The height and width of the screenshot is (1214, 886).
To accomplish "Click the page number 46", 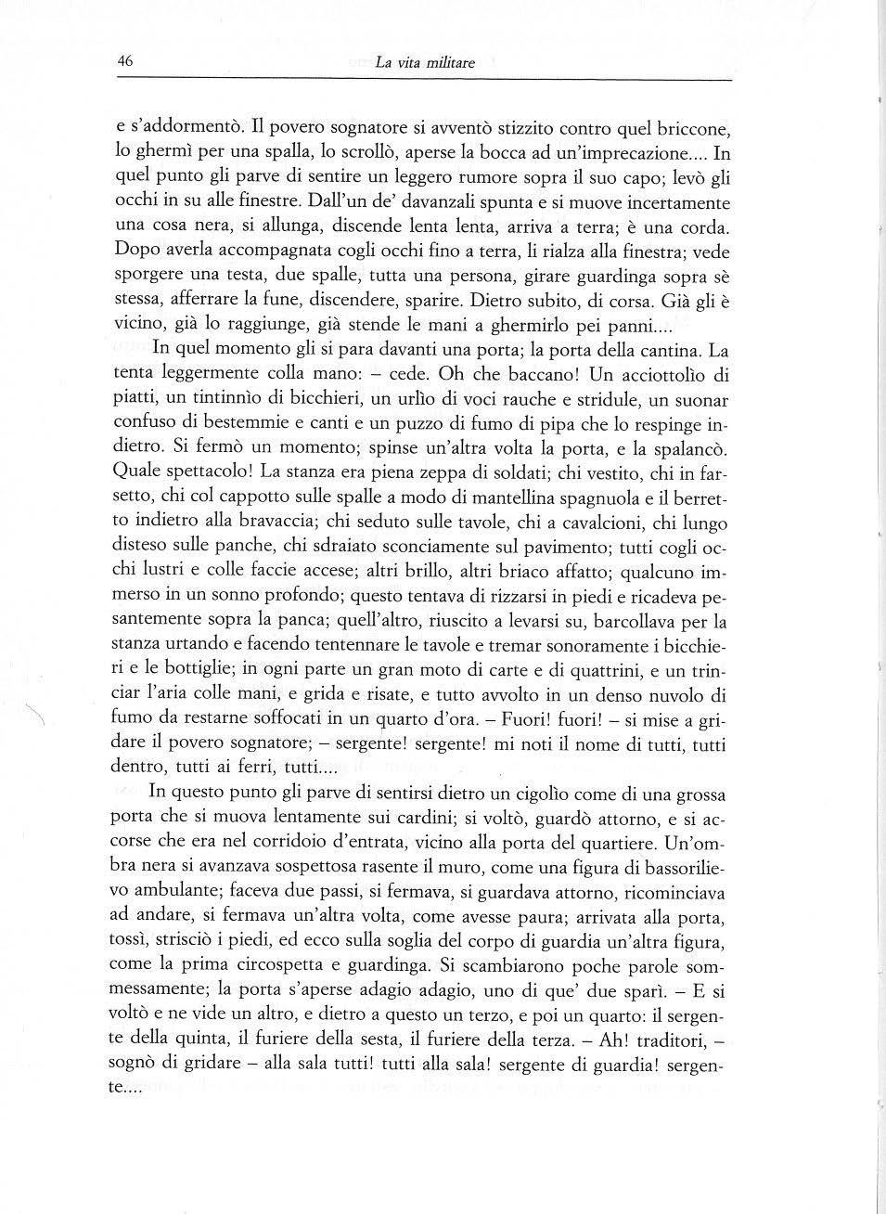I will coord(125,61).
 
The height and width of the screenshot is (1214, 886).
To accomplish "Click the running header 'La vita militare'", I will coord(424,63).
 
